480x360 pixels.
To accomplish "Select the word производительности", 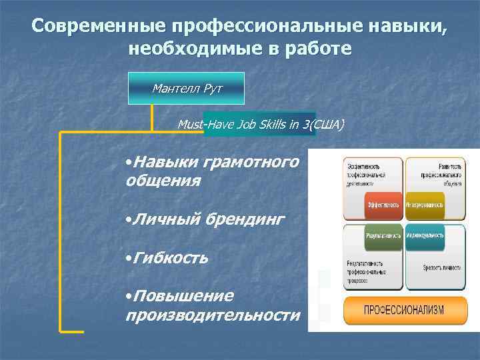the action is pos(213,314).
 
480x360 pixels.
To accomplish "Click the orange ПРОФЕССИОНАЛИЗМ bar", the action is pos(404,310).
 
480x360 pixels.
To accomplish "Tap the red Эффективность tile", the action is pos(383,205).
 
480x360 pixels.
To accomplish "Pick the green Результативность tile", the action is pos(383,235).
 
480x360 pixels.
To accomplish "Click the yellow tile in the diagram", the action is pos(425,205).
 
